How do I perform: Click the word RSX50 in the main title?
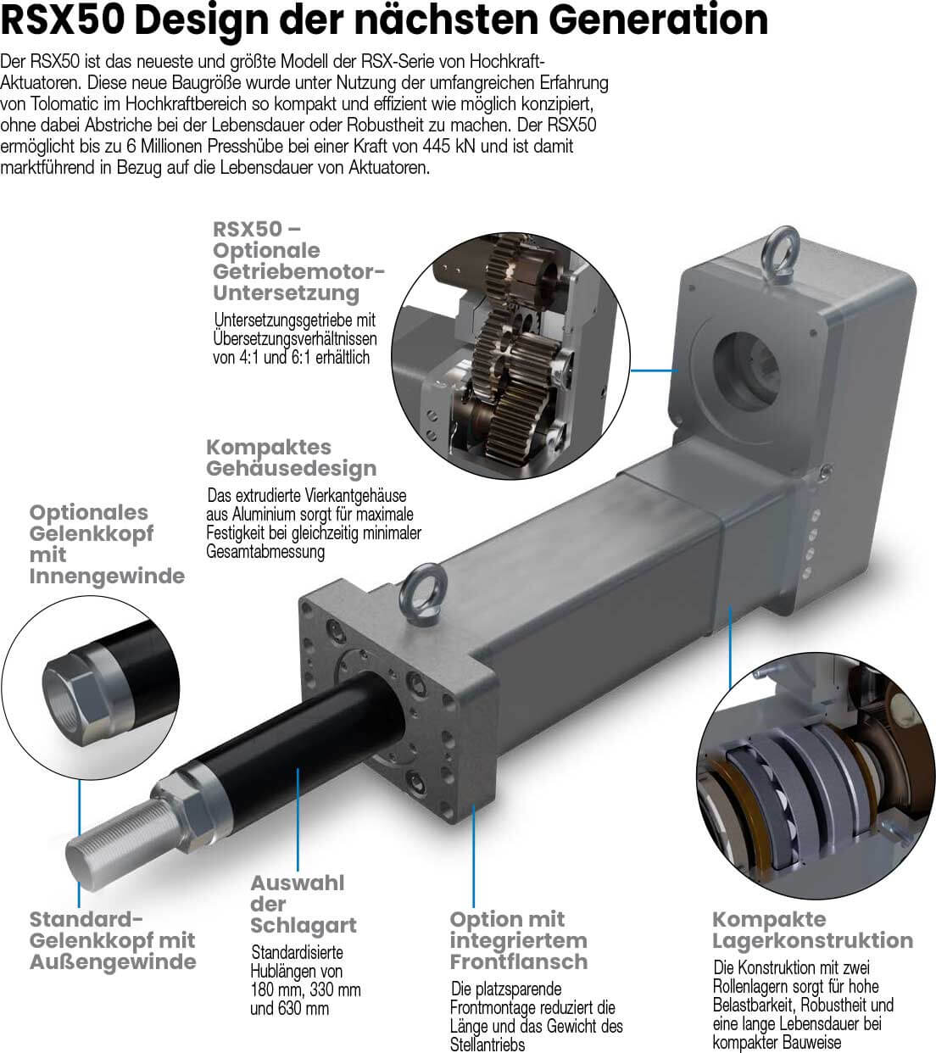pyautogui.click(x=63, y=20)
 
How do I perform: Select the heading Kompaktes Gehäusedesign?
pyautogui.click(x=291, y=457)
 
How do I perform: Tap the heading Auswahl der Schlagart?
pyautogui.click(x=303, y=904)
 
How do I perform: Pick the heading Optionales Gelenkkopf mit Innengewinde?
pyautogui.click(x=107, y=544)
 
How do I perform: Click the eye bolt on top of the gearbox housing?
pyautogui.click(x=783, y=255)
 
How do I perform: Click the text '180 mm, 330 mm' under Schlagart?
pyautogui.click(x=305, y=989)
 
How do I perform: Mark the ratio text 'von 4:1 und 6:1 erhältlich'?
pyautogui.click(x=291, y=357)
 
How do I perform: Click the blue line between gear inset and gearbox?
pyautogui.click(x=655, y=370)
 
